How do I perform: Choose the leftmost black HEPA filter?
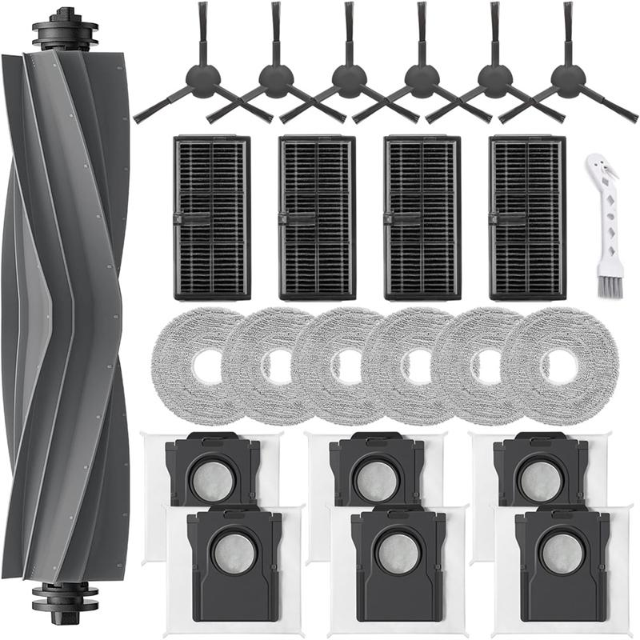pyautogui.click(x=212, y=217)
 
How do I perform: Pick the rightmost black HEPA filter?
pyautogui.click(x=527, y=217)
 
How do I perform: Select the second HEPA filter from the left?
pyautogui.click(x=317, y=217)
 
